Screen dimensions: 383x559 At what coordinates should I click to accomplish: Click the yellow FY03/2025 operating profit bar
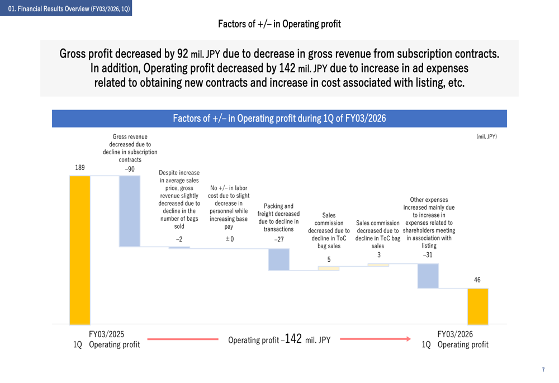pyautogui.click(x=79, y=250)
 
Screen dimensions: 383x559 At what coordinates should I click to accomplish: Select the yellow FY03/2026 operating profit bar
pyautogui.click(x=477, y=306)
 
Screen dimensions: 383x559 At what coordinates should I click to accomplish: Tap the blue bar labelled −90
pyautogui.click(x=130, y=211)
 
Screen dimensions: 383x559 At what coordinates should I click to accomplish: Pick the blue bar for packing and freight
pyautogui.click(x=279, y=259)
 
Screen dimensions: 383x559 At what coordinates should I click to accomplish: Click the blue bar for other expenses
pyautogui.click(x=428, y=276)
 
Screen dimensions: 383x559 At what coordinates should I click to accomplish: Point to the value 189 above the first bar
pyautogui.click(x=80, y=167)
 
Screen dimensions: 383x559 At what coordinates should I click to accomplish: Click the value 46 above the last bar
pyautogui.click(x=477, y=280)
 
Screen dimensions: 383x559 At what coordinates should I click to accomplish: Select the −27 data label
pyautogui.click(x=279, y=239)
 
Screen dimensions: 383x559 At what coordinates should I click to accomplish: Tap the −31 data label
pyautogui.click(x=428, y=255)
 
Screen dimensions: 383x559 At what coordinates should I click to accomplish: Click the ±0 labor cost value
pyautogui.click(x=229, y=239)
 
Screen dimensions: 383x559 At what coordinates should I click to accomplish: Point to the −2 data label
pyautogui.click(x=179, y=239)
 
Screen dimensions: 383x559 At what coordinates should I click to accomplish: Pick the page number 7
pyautogui.click(x=543, y=370)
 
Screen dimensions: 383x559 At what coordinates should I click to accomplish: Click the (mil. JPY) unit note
pyautogui.click(x=486, y=136)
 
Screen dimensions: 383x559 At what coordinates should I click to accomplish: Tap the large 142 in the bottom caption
pyautogui.click(x=293, y=338)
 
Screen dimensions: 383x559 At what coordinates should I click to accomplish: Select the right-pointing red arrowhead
pyautogui.click(x=408, y=339)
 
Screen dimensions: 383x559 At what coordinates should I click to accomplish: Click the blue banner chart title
pyautogui.click(x=279, y=119)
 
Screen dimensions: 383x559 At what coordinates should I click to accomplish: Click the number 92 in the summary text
pyautogui.click(x=182, y=54)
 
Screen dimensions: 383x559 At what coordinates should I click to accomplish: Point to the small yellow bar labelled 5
pyautogui.click(x=329, y=268)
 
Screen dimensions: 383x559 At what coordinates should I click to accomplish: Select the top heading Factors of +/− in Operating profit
pyautogui.click(x=279, y=24)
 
